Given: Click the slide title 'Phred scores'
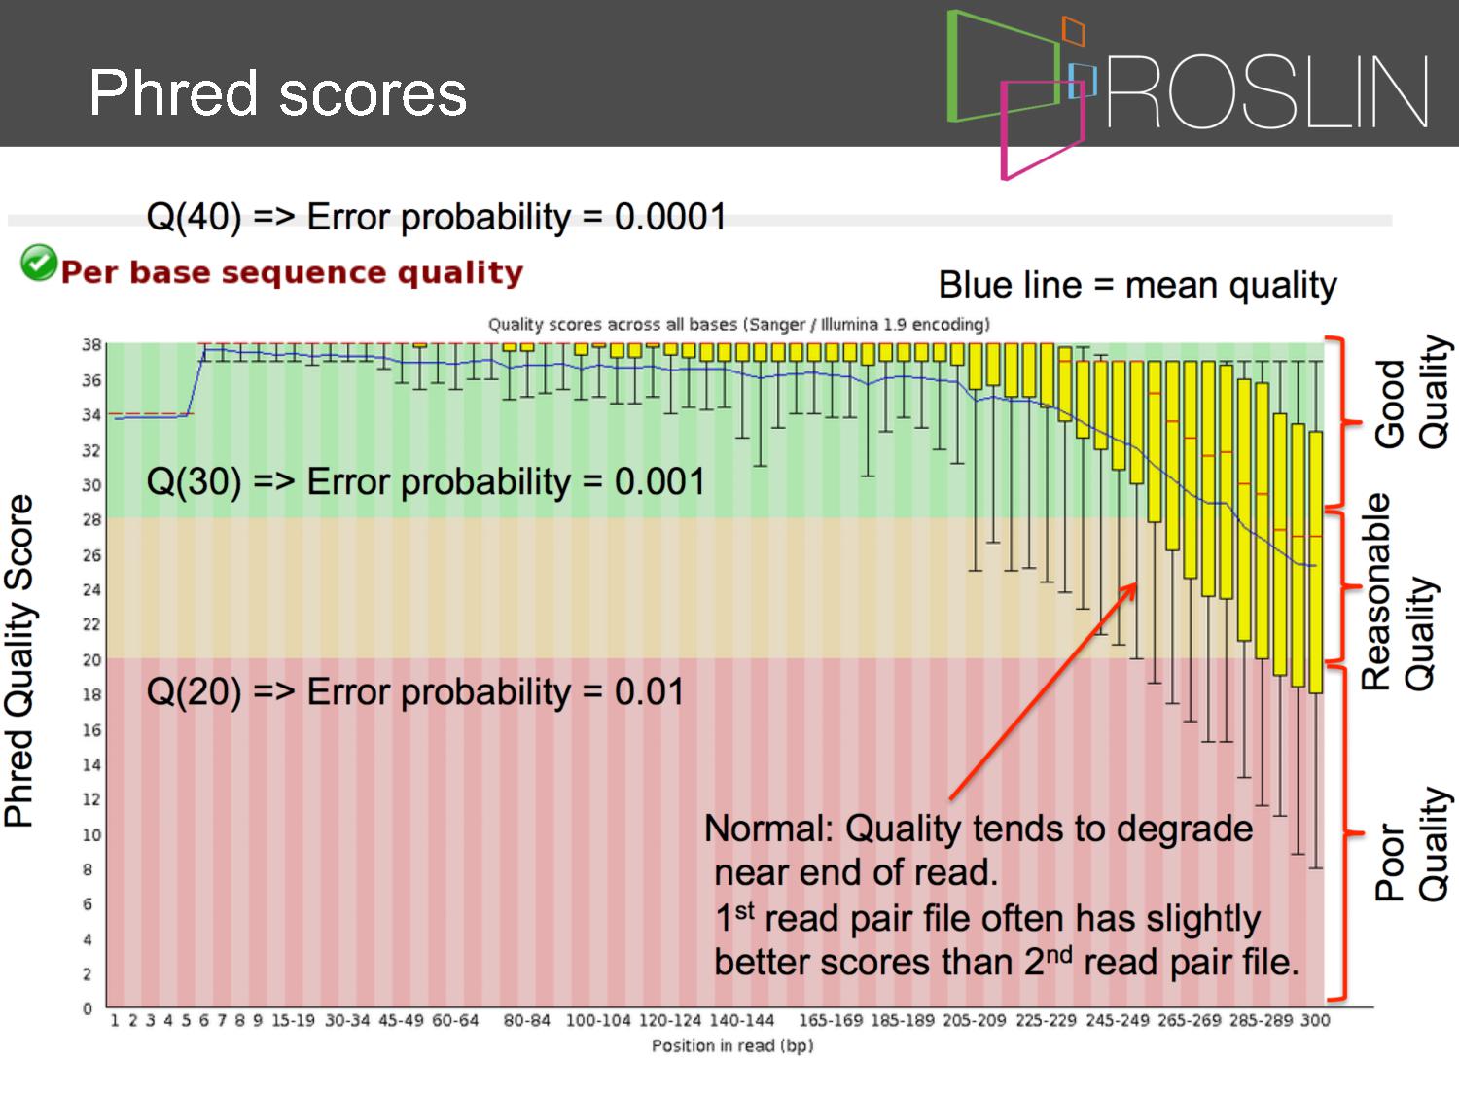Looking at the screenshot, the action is pos(278,93).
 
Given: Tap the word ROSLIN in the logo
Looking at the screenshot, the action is pos(1267,92).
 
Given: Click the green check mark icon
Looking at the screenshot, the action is pos(39,263).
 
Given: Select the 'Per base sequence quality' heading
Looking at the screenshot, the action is pos(293,272).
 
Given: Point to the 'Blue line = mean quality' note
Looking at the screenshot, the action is pos(1137,286).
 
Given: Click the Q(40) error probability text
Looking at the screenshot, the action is pos(436,217).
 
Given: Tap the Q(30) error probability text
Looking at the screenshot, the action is pos(425,481).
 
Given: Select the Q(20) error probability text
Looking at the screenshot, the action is pos(415,692).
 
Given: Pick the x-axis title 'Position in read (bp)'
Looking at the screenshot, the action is pos(732,1046).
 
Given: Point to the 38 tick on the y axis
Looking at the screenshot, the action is pos(91,345).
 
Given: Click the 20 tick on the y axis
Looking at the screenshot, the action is pos(91,659).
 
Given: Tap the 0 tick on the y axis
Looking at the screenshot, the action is pos(88,1009).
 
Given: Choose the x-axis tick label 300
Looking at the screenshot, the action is pos(1315,1021).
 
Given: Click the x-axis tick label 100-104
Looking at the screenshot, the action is pos(598,1021).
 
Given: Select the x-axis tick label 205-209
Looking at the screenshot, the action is pos(975,1021).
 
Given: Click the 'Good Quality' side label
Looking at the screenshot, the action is pos(1410,392).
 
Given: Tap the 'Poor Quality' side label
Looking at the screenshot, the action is pos(1410,844).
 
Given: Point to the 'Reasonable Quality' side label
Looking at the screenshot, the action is pos(1398,592).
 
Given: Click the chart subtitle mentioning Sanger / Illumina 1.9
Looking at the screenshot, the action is pos(739,324).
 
